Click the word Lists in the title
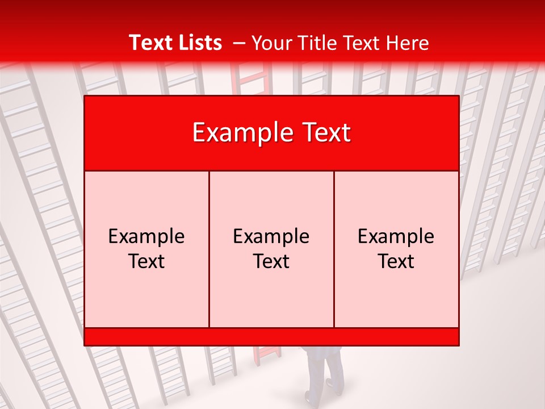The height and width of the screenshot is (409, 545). coord(199,43)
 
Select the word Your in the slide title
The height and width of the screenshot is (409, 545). coord(270,43)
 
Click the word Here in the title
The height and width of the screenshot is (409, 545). coord(407,43)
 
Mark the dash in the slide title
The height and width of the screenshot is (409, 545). coord(239,43)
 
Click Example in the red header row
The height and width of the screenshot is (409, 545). coord(238,133)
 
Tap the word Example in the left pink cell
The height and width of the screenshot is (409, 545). coord(146,236)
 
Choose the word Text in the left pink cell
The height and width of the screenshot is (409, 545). coord(146,261)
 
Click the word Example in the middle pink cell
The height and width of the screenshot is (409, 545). coord(271,236)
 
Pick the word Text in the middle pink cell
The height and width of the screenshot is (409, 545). coord(271,261)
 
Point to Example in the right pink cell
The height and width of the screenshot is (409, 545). coord(396,236)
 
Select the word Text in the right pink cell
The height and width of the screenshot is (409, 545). coord(396,261)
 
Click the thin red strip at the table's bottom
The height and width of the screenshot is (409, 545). coord(271,337)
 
